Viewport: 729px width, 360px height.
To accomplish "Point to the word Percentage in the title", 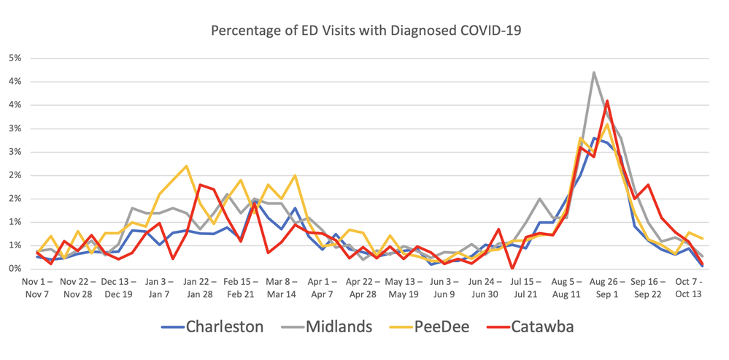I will click(x=244, y=31).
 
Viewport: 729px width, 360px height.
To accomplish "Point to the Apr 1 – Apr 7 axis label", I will click(x=321, y=288).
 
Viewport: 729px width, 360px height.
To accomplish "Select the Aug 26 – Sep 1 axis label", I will click(x=605, y=288).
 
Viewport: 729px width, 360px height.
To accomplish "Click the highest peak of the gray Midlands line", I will click(x=594, y=72).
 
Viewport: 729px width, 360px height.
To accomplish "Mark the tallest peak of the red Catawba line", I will click(x=607, y=101).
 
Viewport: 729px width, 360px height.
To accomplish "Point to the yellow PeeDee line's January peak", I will click(x=187, y=166).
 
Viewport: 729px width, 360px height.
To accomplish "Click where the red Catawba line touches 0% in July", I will click(x=513, y=268).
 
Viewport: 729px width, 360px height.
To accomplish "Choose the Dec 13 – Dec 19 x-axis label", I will click(x=118, y=288).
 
